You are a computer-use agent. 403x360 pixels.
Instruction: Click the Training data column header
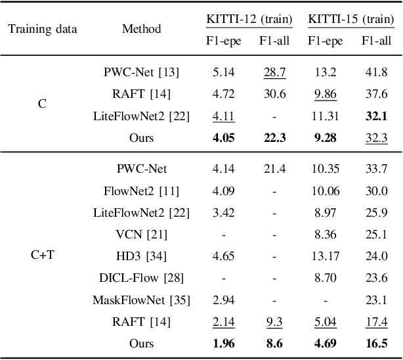[42, 29]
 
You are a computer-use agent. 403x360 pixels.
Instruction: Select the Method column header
[141, 29]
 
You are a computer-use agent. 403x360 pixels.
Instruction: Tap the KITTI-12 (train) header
[247, 19]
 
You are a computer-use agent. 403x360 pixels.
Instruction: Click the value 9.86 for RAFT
[325, 94]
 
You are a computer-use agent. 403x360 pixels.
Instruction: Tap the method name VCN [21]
[141, 235]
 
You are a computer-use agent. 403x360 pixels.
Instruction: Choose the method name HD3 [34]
[141, 256]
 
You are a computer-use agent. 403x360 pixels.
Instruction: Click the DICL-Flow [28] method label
[141, 278]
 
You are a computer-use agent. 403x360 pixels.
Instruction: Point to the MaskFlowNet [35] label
[141, 300]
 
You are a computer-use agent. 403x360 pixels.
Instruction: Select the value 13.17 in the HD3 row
[325, 256]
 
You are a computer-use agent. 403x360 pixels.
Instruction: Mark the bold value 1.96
[224, 344]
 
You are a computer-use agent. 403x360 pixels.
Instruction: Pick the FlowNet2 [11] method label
[141, 191]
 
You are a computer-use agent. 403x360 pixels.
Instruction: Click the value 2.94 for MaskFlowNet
[224, 300]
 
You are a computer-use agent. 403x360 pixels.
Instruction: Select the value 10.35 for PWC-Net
[325, 169]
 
